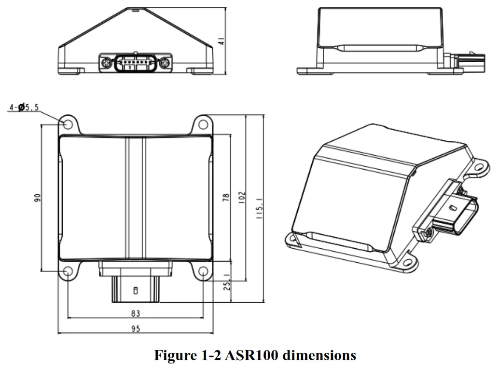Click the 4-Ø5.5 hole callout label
coord(24,108)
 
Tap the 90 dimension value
coord(37,197)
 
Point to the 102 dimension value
coord(242,197)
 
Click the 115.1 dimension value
coord(259,210)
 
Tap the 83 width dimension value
coord(136,313)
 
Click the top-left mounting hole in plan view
coord(68,125)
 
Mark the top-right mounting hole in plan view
coord(203,125)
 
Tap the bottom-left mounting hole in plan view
coord(68,273)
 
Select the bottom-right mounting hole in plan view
coord(203,273)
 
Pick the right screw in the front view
coord(165,62)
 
